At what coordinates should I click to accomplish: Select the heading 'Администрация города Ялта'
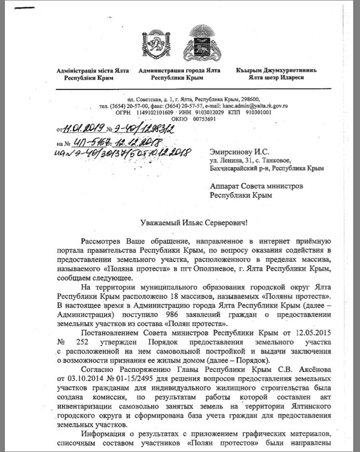(x=179, y=71)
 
